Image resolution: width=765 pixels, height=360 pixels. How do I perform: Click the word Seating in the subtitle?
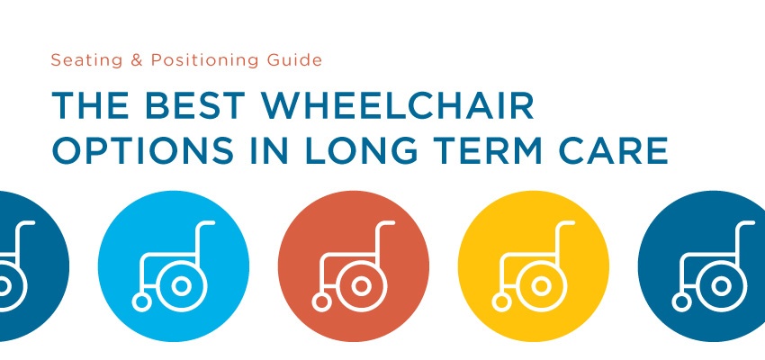[79, 60]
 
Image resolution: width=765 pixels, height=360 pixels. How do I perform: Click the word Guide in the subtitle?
[293, 60]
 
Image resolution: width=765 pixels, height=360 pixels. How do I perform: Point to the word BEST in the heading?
[195, 106]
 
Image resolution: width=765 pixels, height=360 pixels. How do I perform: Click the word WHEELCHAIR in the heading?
[397, 106]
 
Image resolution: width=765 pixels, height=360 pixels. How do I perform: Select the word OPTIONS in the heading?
[142, 150]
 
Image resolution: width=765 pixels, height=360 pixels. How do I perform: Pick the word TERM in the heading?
[488, 150]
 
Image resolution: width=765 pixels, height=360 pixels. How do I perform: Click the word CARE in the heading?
[613, 150]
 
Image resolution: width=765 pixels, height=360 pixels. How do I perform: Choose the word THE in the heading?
[91, 106]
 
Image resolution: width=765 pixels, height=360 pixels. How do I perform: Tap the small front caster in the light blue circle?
[141, 302]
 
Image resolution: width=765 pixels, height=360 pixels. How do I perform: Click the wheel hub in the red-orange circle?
[362, 286]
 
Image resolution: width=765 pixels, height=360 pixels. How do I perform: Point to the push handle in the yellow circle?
[567, 223]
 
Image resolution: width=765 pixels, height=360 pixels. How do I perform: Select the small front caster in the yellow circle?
[501, 302]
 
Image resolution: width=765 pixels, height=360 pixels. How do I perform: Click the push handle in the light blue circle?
[207, 223]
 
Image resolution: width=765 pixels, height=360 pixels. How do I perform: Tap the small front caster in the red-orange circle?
[321, 302]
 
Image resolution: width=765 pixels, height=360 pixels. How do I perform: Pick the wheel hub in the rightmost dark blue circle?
[721, 286]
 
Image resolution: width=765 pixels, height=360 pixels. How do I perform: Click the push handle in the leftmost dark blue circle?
[25, 223]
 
